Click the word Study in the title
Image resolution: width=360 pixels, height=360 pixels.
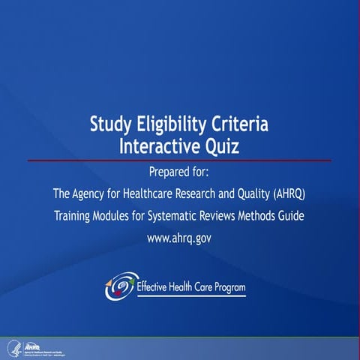(x=112, y=124)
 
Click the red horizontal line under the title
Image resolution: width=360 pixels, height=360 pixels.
(x=180, y=160)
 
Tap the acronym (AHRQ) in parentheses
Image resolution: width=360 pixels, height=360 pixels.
(x=287, y=194)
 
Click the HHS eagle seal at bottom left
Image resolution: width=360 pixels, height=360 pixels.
(x=13, y=348)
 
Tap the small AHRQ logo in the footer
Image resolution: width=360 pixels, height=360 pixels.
(x=34, y=346)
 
